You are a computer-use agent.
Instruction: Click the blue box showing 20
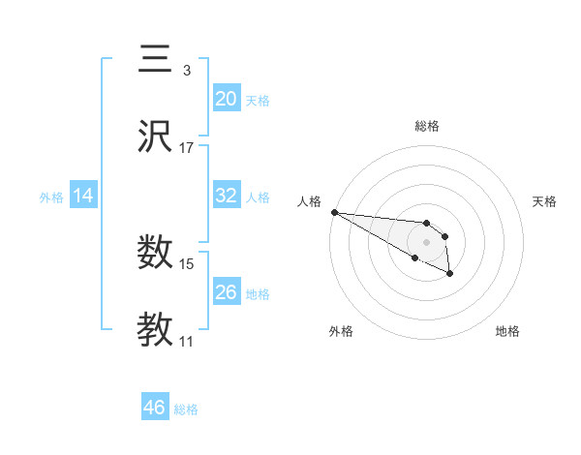coord(227,98)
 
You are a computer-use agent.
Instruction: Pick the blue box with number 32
coord(227,196)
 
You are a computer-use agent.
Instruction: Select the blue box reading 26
coord(227,292)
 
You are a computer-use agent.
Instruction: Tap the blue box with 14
coord(83,196)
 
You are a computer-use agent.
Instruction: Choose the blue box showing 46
coord(155,408)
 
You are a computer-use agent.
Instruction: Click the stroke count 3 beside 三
coord(187,70)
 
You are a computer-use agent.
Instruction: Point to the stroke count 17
coord(187,148)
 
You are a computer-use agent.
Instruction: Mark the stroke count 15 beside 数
coord(187,263)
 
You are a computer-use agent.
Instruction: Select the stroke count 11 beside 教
coord(187,342)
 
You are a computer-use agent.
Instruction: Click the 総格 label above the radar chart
coord(426,126)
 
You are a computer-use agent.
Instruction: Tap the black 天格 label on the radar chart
coord(544,201)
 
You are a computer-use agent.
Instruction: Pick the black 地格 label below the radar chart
coord(507,331)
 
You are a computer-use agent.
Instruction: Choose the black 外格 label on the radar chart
coord(341,331)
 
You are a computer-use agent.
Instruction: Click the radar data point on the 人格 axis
coord(334,212)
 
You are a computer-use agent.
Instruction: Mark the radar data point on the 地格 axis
coord(449,274)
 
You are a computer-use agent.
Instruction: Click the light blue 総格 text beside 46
coord(186,409)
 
